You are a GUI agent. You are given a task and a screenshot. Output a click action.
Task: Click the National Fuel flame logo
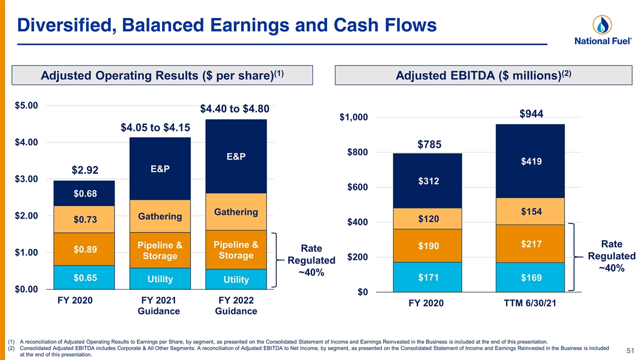coord(602,25)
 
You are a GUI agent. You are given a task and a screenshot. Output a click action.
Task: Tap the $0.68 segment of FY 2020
coord(84,193)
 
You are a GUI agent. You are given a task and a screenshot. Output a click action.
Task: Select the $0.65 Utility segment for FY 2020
coord(84,277)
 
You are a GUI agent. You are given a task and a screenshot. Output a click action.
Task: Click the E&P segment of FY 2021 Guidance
coord(160,168)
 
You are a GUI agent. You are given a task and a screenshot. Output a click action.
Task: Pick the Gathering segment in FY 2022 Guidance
coord(236,211)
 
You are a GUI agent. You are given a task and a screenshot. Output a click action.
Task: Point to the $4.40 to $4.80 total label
coord(234,109)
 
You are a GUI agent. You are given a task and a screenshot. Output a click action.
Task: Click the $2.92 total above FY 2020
coord(85,170)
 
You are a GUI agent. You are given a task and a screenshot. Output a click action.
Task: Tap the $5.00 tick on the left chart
coord(26,105)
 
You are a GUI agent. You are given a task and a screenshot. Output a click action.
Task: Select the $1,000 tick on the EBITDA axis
coord(353,117)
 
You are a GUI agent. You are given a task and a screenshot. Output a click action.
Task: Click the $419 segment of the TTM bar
coord(530,161)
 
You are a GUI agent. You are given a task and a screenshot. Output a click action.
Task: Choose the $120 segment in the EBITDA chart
coord(427,218)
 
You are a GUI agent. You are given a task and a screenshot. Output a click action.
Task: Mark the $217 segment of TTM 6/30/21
coord(530,243)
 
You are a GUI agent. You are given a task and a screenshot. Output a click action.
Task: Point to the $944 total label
coord(531,113)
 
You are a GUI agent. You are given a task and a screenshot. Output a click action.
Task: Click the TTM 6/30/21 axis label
coord(530,303)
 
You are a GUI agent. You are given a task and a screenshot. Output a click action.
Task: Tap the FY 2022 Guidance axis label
coord(236,305)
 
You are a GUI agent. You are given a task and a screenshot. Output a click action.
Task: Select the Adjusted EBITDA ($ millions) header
coord(483,75)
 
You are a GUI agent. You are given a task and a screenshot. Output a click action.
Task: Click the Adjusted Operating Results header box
coord(162,75)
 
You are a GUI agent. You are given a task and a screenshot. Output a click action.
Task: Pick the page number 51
coord(630,350)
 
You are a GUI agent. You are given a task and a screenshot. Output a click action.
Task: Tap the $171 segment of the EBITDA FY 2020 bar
coord(427,277)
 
